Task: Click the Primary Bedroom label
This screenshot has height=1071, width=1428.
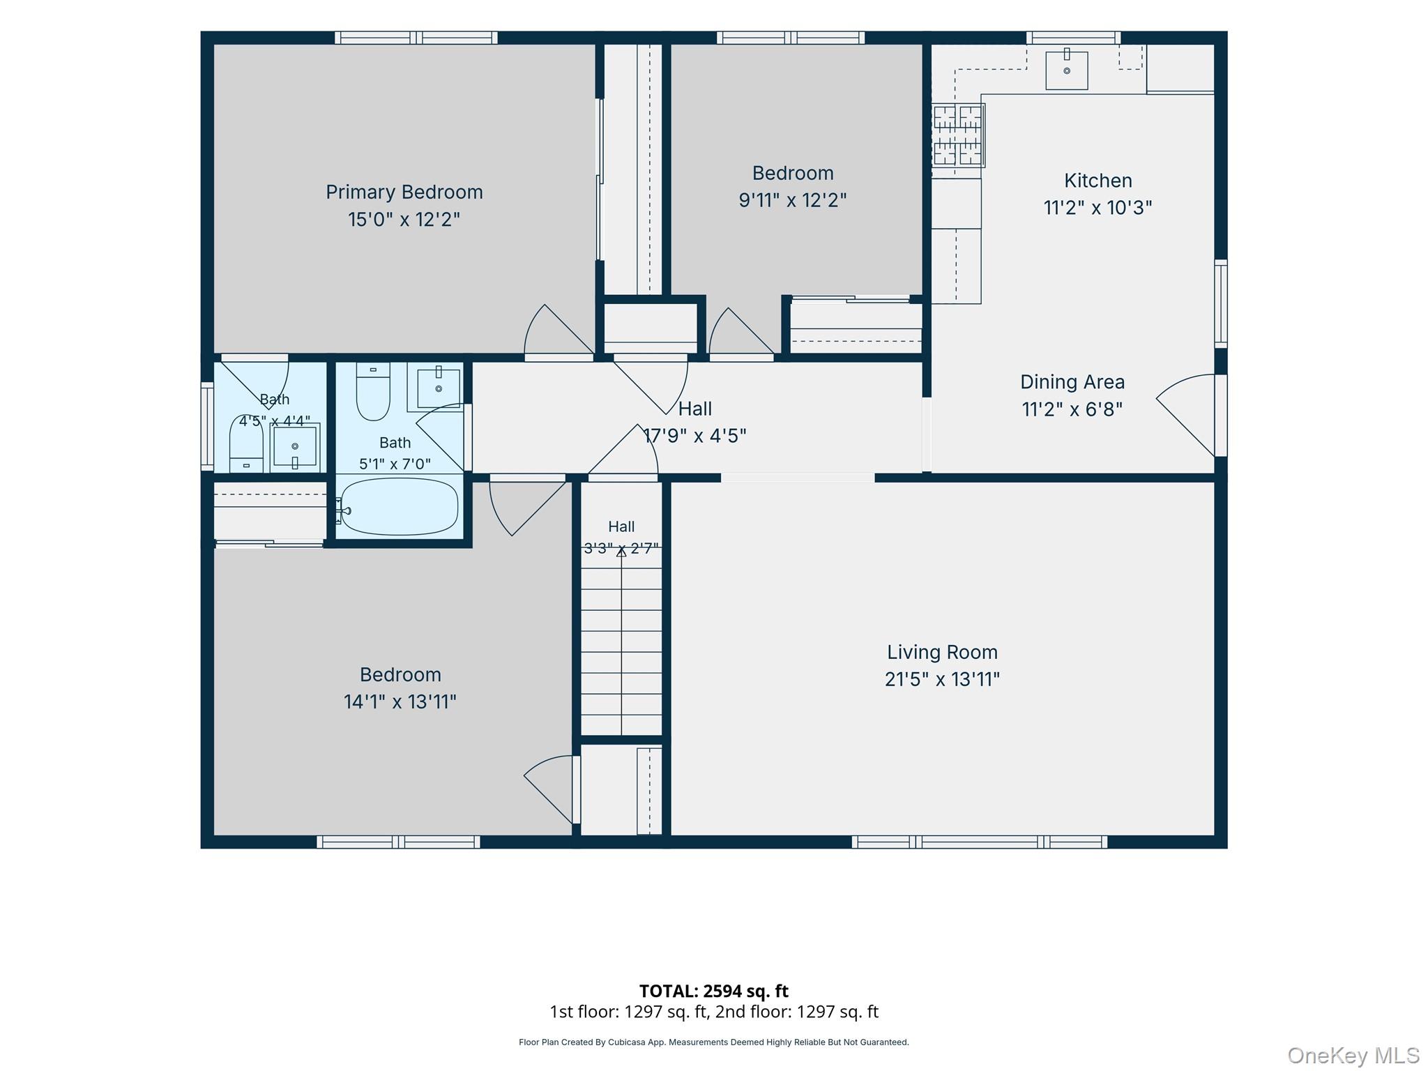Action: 404,192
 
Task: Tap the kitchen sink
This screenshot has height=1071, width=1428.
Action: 1066,70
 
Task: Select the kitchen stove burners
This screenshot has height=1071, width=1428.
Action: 957,135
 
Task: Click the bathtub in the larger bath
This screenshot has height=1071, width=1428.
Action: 400,506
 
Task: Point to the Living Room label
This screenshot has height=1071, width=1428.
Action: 942,652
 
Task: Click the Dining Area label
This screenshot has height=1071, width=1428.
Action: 1072,381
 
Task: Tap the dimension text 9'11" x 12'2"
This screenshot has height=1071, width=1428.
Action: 793,200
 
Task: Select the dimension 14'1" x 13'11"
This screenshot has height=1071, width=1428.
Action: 400,701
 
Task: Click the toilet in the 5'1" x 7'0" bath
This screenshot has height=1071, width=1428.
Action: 373,391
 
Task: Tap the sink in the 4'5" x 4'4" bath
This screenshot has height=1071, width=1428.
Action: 295,446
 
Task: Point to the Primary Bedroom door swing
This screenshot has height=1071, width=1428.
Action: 557,330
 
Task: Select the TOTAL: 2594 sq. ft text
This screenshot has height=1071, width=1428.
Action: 714,991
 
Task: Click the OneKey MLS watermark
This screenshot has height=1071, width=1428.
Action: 1353,1056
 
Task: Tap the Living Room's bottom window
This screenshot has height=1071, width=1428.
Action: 979,842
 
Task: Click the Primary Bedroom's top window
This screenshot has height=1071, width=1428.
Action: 416,38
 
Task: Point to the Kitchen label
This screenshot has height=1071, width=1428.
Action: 1097,181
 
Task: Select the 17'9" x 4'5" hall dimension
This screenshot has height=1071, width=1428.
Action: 694,436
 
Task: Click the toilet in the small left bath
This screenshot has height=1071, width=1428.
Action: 246,443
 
